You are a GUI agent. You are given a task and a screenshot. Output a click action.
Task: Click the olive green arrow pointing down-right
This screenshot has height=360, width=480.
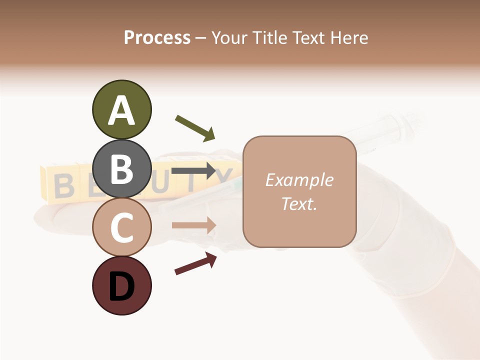click(x=195, y=128)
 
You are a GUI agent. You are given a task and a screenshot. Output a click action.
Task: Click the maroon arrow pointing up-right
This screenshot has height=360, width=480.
click(x=195, y=263)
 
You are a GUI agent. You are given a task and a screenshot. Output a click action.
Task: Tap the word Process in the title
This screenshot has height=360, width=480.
click(x=157, y=37)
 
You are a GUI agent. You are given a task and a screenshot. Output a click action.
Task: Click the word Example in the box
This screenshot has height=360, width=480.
click(x=299, y=180)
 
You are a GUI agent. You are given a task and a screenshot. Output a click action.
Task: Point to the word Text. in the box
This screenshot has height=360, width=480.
click(x=299, y=203)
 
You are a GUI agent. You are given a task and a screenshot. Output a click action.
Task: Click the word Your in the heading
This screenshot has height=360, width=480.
click(x=230, y=37)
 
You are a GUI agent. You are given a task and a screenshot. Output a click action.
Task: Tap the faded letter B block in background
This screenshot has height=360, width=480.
click(x=63, y=185)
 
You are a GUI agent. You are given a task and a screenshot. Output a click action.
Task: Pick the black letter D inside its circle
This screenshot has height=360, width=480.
click(x=121, y=286)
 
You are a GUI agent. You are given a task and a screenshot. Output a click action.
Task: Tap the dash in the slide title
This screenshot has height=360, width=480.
click(x=200, y=38)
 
